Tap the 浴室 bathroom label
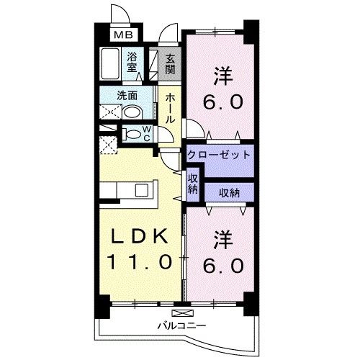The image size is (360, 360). click(x=133, y=62)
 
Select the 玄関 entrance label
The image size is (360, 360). click(x=170, y=65)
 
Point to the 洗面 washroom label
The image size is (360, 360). click(x=128, y=94)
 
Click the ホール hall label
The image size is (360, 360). click(x=171, y=108)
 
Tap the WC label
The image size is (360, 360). click(x=145, y=134)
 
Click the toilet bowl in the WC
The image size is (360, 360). click(x=132, y=134)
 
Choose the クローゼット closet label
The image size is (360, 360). click(x=219, y=155)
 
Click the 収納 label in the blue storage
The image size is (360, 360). click(x=226, y=192)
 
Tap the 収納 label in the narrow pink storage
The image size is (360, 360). click(x=193, y=183)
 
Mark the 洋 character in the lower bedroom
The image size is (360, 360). click(x=220, y=238)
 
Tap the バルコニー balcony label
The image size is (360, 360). click(x=183, y=325)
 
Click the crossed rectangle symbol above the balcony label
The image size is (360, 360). click(x=184, y=312)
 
